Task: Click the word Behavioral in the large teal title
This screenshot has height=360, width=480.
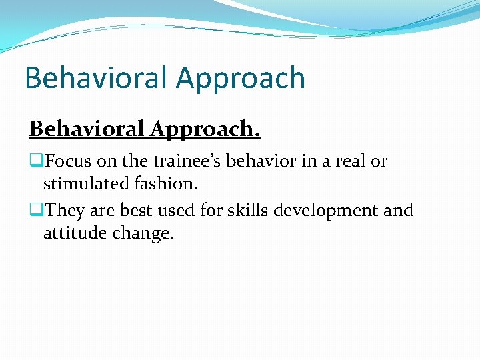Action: [97, 78]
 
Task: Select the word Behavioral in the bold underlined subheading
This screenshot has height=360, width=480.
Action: [87, 129]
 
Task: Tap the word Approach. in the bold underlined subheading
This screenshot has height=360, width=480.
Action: [205, 129]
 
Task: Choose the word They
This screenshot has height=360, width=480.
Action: [64, 211]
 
